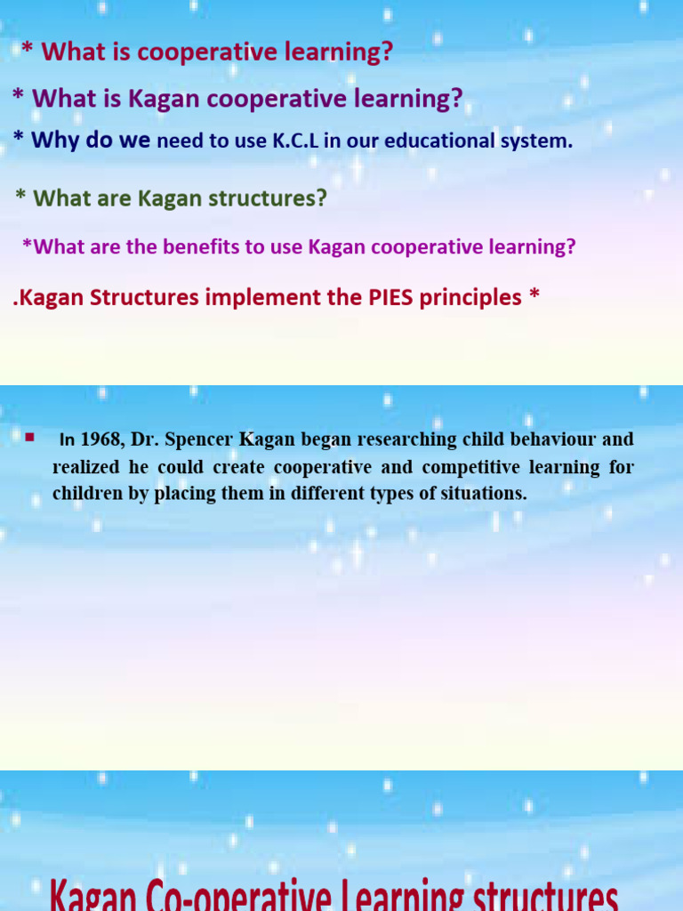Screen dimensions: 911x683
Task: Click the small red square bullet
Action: point(29,437)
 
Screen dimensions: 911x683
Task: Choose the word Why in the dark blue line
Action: point(55,141)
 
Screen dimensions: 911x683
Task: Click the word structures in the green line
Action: point(261,198)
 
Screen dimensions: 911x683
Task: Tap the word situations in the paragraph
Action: point(484,494)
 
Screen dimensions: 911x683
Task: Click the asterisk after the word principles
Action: point(534,296)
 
